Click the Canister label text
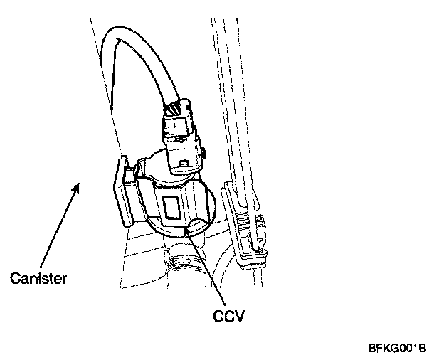click(38, 278)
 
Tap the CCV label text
click(229, 314)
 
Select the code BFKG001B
click(397, 349)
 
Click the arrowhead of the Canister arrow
click(80, 186)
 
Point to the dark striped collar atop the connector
click(173, 110)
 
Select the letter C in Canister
click(15, 278)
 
